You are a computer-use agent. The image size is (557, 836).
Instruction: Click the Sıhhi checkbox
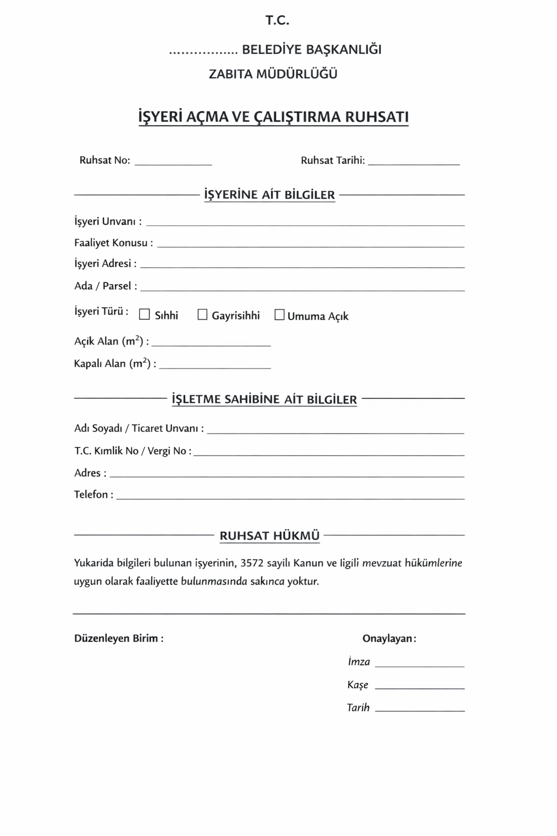tap(144, 315)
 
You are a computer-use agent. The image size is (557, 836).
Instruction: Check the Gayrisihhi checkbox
tap(202, 315)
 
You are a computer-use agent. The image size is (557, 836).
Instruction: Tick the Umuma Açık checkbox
tap(280, 315)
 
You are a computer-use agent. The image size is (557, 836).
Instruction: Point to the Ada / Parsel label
tap(106, 286)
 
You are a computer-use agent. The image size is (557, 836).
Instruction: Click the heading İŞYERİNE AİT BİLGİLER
tap(269, 195)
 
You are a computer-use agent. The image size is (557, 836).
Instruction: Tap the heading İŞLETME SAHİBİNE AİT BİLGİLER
tap(264, 399)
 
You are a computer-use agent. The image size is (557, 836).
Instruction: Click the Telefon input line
tap(290, 497)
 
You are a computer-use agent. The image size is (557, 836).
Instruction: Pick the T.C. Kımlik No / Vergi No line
tap(329, 453)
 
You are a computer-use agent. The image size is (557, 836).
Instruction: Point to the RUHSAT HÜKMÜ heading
tap(269, 536)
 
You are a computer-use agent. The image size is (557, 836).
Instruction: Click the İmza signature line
tap(419, 665)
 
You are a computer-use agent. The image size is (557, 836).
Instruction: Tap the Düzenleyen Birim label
tap(119, 638)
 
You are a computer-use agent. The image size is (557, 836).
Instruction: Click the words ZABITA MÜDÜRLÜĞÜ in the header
tap(273, 74)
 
